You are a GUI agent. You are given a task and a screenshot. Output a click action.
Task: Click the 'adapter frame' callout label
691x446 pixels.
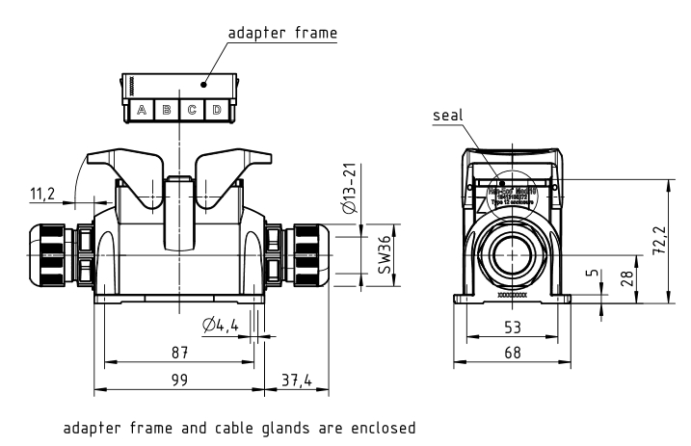[282, 32]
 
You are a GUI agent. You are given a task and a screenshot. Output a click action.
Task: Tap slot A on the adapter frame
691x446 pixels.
[142, 110]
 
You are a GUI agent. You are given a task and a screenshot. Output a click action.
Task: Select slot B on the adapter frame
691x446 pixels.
[167, 110]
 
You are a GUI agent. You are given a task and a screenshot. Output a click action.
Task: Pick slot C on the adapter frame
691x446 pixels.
[192, 110]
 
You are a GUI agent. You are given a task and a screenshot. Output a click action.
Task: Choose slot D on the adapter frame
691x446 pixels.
[217, 110]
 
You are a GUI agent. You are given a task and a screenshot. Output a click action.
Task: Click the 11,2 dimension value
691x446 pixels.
[43, 194]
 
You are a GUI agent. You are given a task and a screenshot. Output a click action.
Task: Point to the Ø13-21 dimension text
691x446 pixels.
[356, 191]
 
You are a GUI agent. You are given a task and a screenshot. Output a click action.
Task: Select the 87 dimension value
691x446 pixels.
[179, 353]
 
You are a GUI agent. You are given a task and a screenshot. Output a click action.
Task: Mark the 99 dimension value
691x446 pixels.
[179, 380]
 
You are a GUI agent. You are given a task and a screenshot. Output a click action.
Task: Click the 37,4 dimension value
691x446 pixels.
[295, 380]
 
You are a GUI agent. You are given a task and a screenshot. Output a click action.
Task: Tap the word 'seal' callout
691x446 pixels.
[448, 115]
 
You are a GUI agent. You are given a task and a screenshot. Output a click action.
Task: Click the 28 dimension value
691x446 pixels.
[627, 279]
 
